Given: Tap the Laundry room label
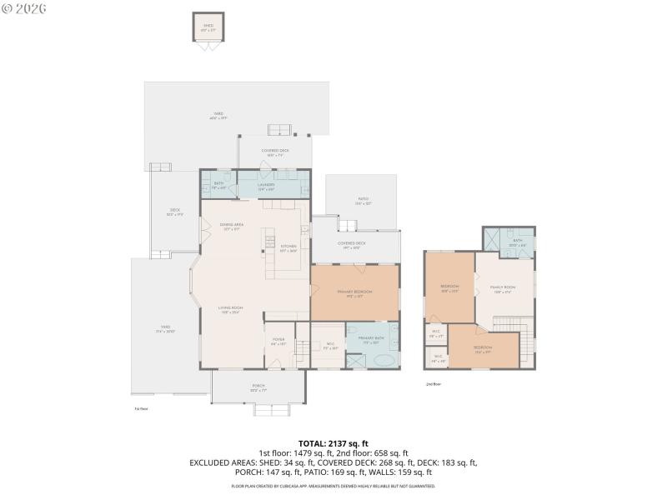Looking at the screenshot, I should click(266, 185).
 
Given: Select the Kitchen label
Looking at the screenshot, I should click(288, 247).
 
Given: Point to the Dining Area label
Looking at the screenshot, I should click(231, 226).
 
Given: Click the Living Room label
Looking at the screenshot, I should click(230, 310).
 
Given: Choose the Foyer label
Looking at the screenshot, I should click(278, 341).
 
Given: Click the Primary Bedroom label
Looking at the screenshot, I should click(354, 292).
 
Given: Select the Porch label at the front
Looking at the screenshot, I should click(258, 387).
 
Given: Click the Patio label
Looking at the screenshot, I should click(362, 201).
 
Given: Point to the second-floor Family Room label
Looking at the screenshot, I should click(503, 289).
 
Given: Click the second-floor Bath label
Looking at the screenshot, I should click(517, 242).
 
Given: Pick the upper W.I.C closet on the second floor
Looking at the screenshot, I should click(435, 333).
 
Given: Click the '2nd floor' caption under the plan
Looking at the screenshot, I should click(433, 384).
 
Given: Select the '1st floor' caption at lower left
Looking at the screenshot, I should click(141, 408).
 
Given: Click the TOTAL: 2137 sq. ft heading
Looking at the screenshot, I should click(333, 442).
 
